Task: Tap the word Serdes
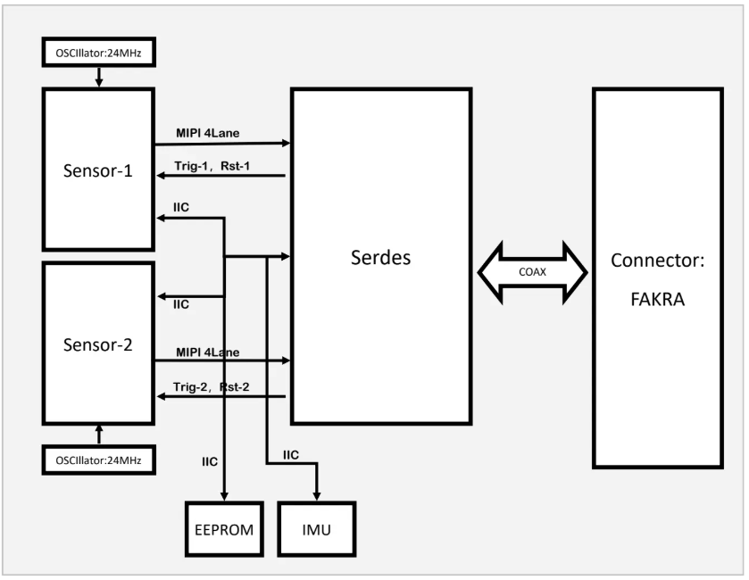381,257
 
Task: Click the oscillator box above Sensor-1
99,52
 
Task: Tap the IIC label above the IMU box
290,455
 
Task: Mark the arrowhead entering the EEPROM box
223,496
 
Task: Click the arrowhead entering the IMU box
316,496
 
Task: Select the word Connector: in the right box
656,262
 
